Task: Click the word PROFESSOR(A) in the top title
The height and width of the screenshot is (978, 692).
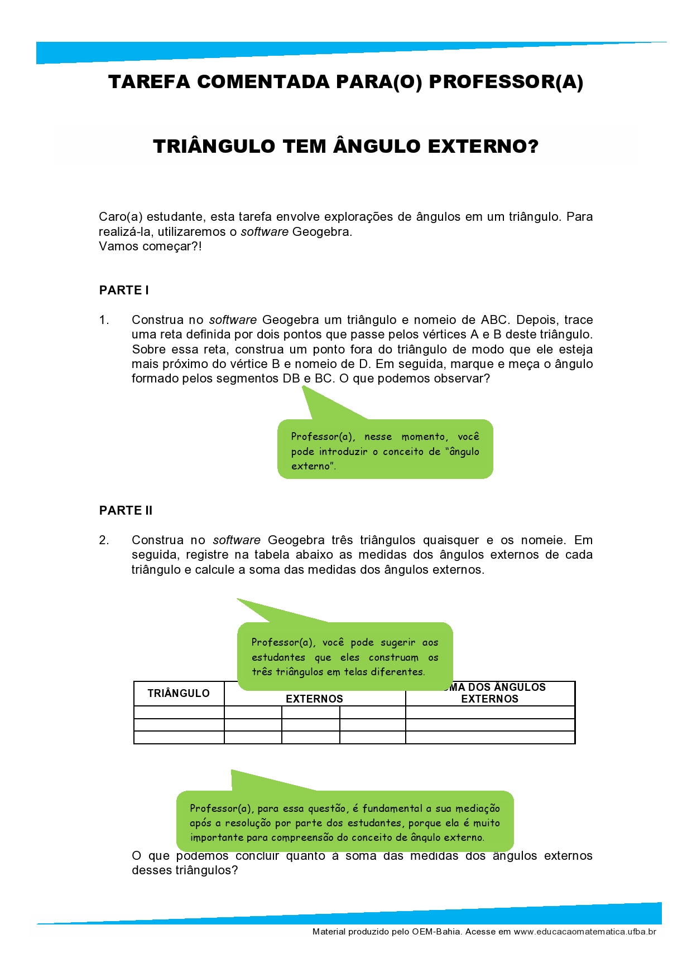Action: [506, 82]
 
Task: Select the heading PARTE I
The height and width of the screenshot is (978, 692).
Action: [124, 290]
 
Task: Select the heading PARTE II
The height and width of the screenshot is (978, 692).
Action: [126, 510]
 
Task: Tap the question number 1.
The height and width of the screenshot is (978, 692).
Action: [104, 320]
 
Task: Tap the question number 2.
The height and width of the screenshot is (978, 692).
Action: [104, 540]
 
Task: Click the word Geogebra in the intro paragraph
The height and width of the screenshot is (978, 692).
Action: [322, 232]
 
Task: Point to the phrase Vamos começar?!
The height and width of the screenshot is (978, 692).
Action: [150, 246]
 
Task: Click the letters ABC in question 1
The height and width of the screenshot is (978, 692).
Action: [494, 320]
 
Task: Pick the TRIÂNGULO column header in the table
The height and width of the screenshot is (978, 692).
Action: [179, 694]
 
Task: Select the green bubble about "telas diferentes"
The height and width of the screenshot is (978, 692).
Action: [344, 656]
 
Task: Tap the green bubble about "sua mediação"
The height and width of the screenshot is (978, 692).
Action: [344, 822]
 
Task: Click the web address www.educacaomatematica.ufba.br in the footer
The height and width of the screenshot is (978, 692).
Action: [585, 932]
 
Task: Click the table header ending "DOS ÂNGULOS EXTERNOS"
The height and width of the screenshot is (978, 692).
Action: [490, 694]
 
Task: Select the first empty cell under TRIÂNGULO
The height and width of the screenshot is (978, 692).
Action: [179, 713]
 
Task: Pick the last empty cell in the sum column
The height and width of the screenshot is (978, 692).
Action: [490, 737]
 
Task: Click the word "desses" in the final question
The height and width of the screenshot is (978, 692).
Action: [152, 870]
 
